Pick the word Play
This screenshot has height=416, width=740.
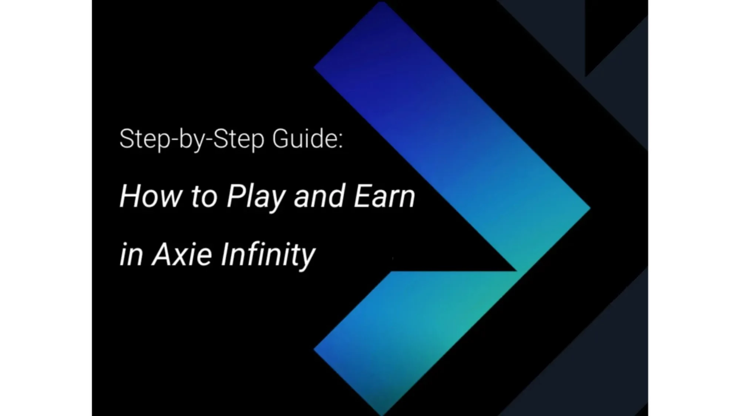pyautogui.click(x=256, y=198)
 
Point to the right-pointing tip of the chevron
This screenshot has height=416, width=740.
pyautogui.click(x=589, y=208)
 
